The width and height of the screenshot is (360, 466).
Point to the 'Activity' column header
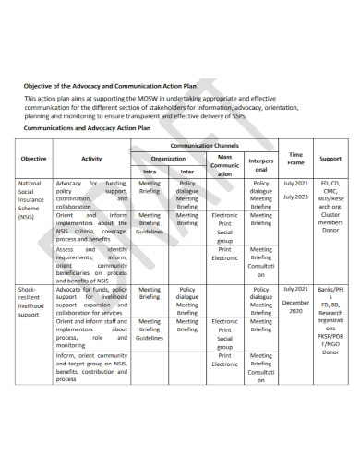pos(90,159)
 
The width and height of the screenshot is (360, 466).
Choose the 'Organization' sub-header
pos(168,158)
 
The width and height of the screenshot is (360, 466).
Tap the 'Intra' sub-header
pos(150,171)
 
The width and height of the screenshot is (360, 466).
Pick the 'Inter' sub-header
pos(186,171)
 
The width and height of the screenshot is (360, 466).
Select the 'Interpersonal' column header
pos(261,164)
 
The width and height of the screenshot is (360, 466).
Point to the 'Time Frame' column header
pos(295,158)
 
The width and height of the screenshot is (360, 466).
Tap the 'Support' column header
pos(330,159)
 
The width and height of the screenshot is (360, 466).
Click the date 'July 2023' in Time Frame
pos(295,197)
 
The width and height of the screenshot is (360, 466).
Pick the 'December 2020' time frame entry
pos(296,307)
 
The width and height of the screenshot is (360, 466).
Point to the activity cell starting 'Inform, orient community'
pos(90,366)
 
